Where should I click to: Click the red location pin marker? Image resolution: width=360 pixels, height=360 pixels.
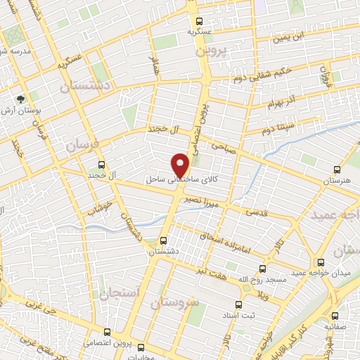pos(181,166)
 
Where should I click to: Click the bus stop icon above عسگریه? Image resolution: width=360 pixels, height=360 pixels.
pos(200,20)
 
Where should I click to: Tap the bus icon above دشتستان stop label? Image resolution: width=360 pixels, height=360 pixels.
pos(163,239)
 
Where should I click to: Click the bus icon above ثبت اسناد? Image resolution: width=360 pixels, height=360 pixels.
pos(238,304)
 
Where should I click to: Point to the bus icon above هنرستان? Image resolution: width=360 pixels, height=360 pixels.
pos(337,169)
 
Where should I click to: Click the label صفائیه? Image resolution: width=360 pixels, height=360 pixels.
pos(337,326)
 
